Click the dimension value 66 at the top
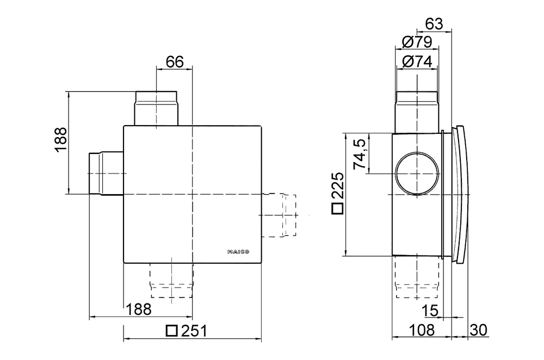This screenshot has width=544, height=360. click(175, 61)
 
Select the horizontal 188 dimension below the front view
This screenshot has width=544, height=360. click(139, 309)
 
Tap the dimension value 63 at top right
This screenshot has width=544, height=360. click(434, 24)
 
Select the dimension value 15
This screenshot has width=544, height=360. click(431, 309)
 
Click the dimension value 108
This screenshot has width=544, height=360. click(421, 329)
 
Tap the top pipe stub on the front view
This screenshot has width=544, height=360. click(156, 108)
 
